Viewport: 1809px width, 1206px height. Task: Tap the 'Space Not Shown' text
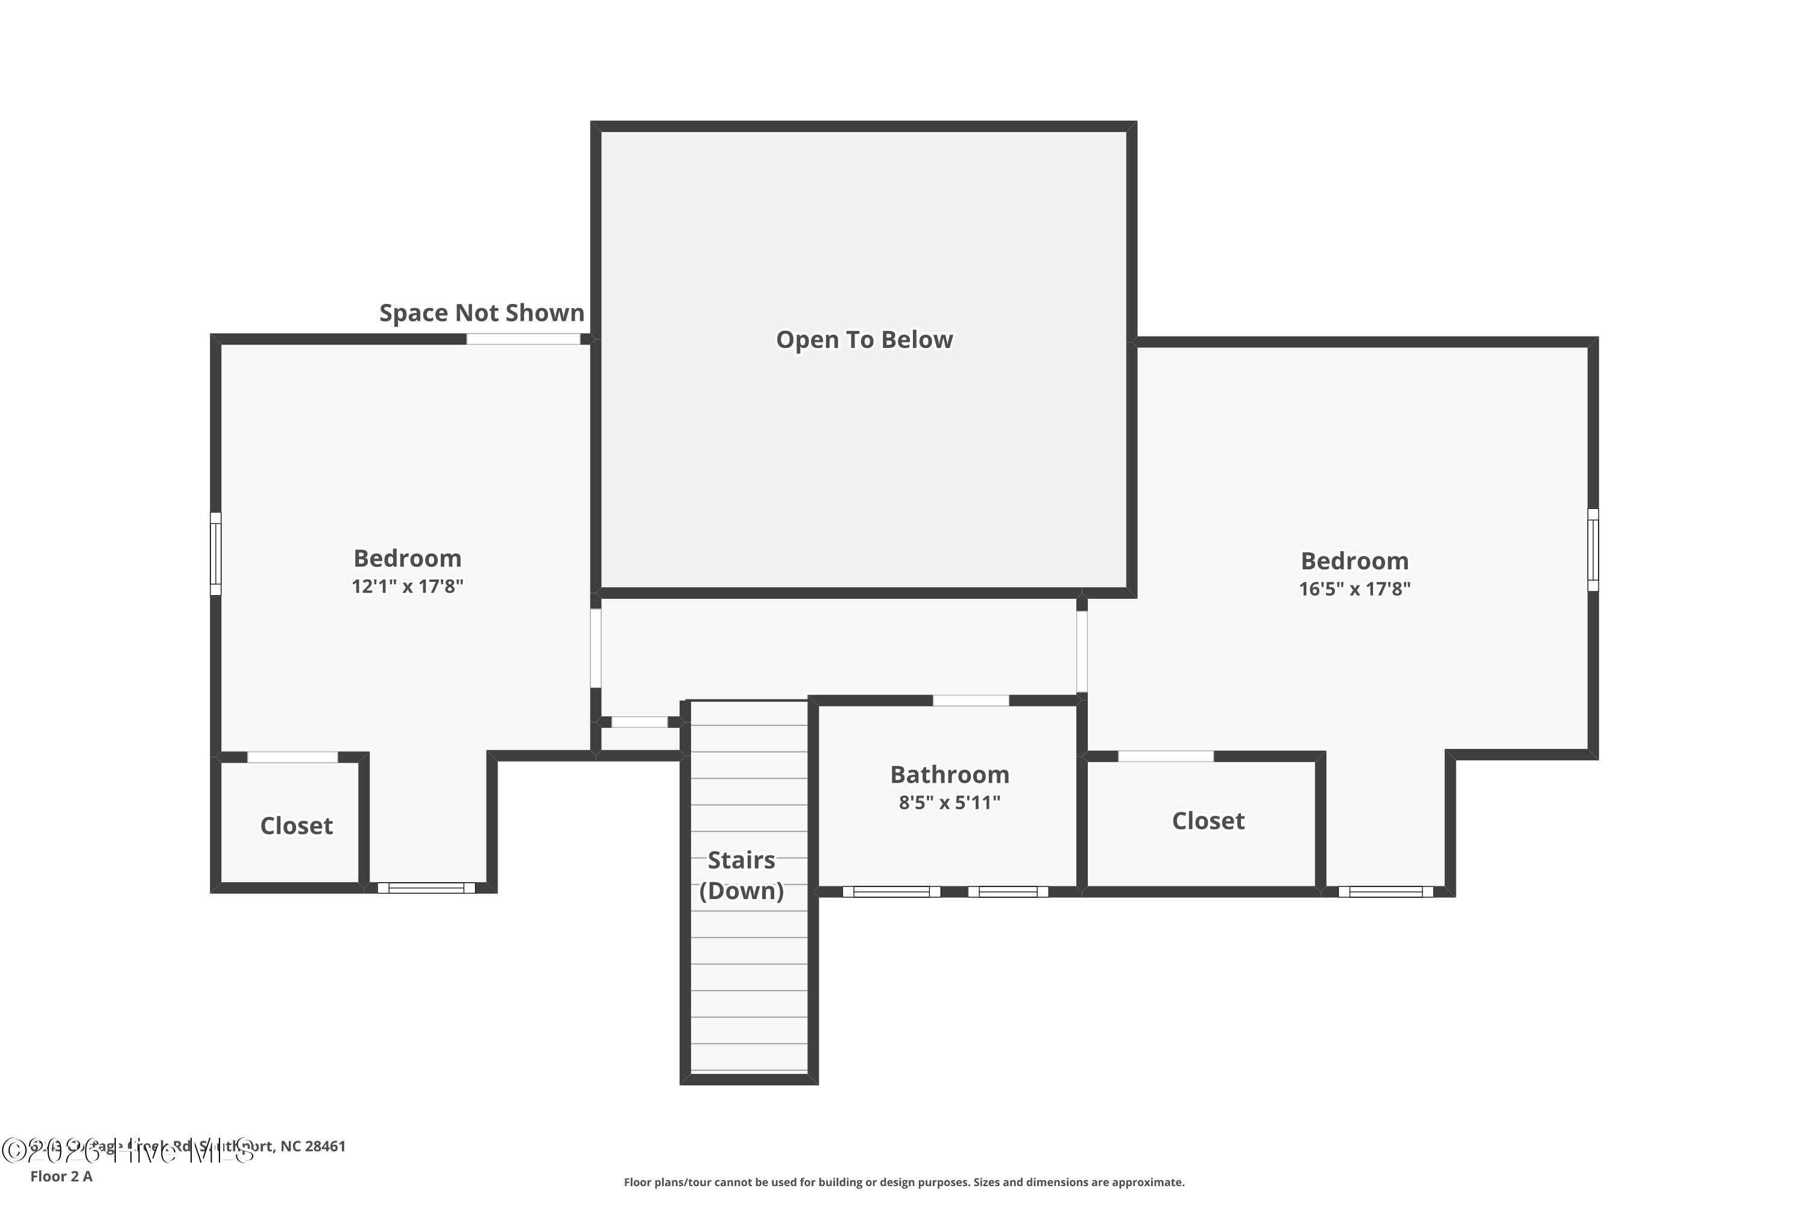481,312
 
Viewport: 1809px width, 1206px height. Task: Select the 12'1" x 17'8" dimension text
407,586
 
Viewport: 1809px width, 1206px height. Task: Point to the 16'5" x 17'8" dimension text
1354,589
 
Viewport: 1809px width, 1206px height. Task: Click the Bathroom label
949,774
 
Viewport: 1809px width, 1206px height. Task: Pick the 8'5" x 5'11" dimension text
949,802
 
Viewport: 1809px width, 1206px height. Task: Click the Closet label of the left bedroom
296,826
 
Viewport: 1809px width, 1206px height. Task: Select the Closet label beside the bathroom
1208,821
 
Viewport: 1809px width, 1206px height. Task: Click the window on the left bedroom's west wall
216,554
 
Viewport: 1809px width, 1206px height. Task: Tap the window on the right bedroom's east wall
1593,550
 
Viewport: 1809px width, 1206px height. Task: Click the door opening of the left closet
292,757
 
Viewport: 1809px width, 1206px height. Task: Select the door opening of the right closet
1165,757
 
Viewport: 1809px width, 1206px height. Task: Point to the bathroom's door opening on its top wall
971,701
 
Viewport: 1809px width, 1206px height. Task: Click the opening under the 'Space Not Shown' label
523,339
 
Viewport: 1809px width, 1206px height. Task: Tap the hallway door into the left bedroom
595,648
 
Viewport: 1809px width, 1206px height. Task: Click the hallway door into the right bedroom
1081,651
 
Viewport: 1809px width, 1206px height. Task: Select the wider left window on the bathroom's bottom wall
891,891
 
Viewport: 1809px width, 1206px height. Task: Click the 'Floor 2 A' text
62,1176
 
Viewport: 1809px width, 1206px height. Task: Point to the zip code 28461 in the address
326,1146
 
